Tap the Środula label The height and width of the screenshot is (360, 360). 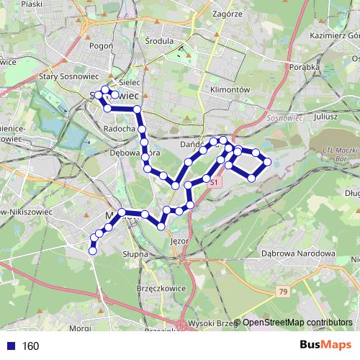(159, 42)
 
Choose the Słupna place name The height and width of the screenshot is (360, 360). (135, 254)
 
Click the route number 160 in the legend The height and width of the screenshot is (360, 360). (30, 346)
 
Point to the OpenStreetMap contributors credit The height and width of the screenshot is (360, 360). (297, 323)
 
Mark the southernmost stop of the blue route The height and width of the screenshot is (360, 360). (93, 250)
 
